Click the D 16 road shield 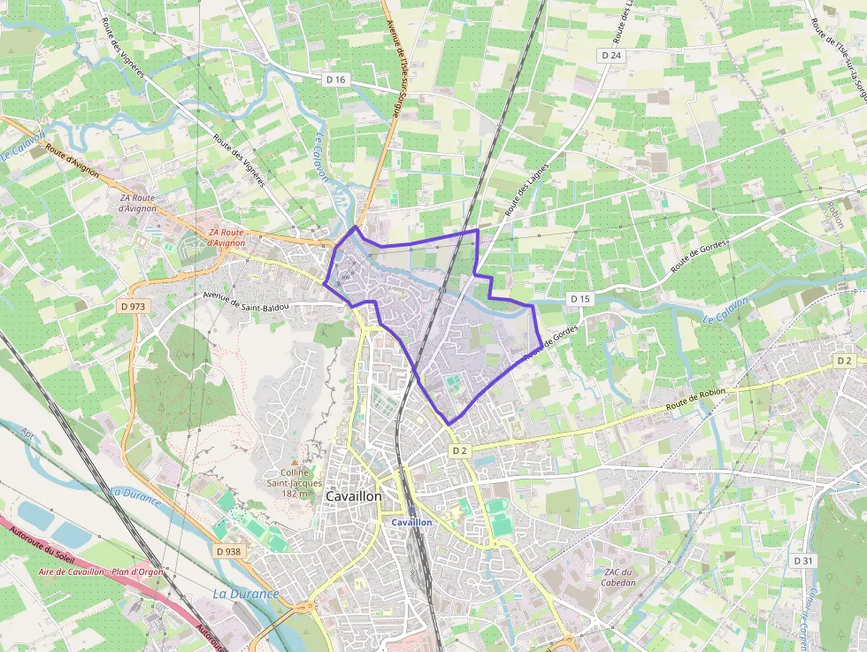click(x=335, y=80)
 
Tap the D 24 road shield click(x=611, y=55)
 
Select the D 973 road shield click(x=132, y=307)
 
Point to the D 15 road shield click(x=579, y=299)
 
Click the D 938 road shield click(x=227, y=551)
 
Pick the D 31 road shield click(x=802, y=561)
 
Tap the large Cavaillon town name click(x=354, y=497)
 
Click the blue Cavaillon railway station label click(x=412, y=523)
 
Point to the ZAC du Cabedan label click(x=618, y=577)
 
